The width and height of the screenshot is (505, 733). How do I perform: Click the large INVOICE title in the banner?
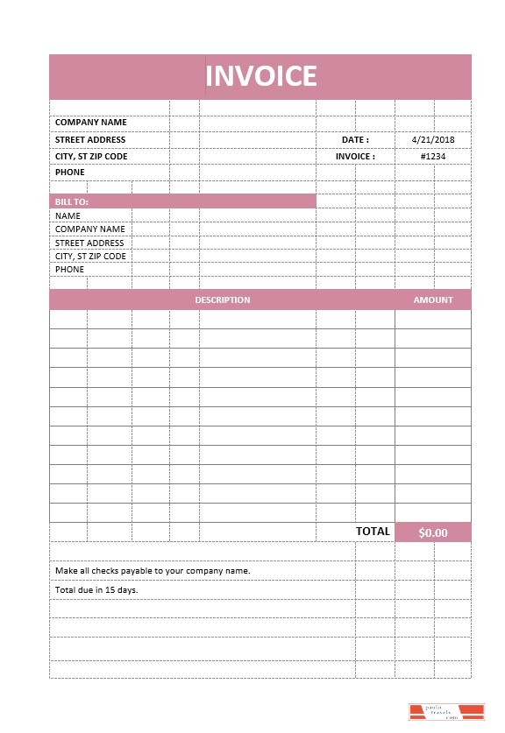pyautogui.click(x=260, y=76)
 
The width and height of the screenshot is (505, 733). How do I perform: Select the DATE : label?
pyautogui.click(x=355, y=139)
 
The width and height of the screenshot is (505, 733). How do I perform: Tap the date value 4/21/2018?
pyautogui.click(x=433, y=139)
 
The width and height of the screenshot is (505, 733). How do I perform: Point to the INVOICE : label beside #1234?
pyautogui.click(x=355, y=157)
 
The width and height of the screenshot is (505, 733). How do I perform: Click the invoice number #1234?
pyautogui.click(x=433, y=157)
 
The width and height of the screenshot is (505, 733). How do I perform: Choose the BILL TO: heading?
pyautogui.click(x=72, y=201)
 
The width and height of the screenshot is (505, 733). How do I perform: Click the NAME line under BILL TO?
pyautogui.click(x=68, y=215)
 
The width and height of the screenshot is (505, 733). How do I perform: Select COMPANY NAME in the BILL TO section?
pyautogui.click(x=89, y=229)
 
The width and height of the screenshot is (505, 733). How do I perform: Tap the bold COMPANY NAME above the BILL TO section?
pyautogui.click(x=90, y=123)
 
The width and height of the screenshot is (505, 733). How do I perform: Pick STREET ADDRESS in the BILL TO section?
pyautogui.click(x=89, y=243)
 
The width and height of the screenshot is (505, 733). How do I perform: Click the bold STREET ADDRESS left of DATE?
pyautogui.click(x=90, y=139)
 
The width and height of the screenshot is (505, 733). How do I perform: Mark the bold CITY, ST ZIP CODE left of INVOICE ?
pyautogui.click(x=91, y=157)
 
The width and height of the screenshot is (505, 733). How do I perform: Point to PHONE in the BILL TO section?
pyautogui.click(x=70, y=269)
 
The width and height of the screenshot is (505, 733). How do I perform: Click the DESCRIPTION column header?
pyautogui.click(x=222, y=300)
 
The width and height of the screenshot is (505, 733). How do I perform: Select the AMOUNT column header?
pyautogui.click(x=433, y=300)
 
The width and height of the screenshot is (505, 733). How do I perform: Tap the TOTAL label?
pyautogui.click(x=373, y=532)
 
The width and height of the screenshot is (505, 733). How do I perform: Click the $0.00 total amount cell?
pyautogui.click(x=433, y=532)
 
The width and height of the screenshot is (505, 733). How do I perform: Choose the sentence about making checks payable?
pyautogui.click(x=153, y=570)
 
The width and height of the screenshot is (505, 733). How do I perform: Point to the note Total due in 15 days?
pyautogui.click(x=96, y=589)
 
